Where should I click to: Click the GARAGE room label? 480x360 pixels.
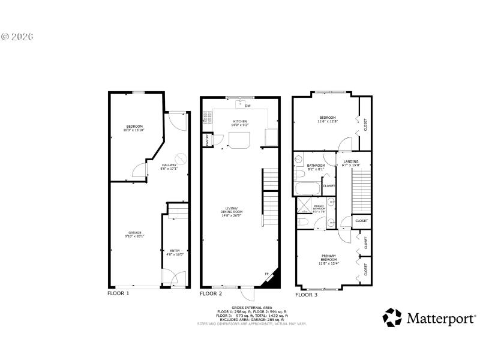tap(134, 232)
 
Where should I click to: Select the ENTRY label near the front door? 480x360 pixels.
tap(174, 251)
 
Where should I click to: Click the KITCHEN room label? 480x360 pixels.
tap(240, 121)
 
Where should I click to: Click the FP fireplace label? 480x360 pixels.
tap(267, 275)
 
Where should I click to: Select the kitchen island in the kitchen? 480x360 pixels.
tap(239, 140)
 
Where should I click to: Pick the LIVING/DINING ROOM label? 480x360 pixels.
tap(231, 210)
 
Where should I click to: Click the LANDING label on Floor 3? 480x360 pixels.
tap(351, 161)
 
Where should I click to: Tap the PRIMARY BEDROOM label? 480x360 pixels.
tap(328, 256)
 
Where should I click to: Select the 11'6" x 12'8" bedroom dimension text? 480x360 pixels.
tap(328, 122)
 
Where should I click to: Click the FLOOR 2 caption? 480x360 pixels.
tap(211, 294)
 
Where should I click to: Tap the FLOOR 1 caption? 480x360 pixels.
tap(118, 293)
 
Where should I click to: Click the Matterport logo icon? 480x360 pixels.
tap(393, 317)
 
